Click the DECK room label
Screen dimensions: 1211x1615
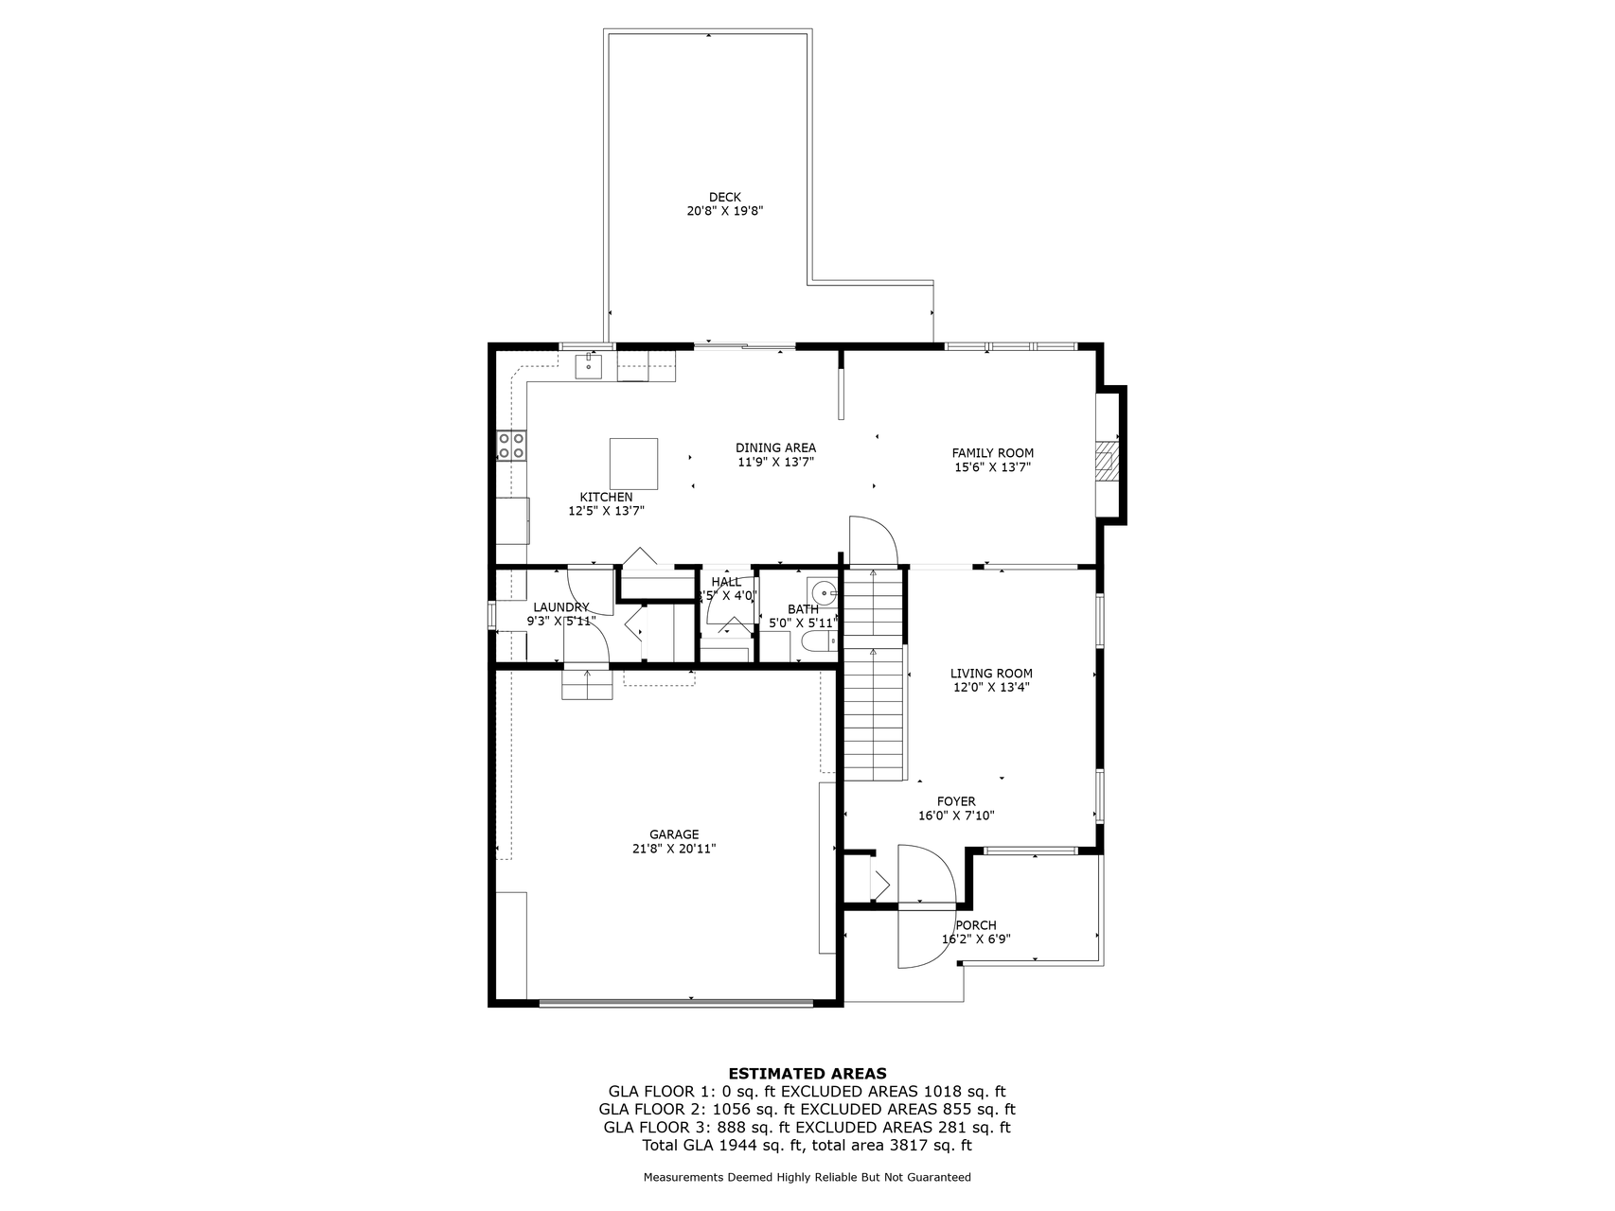[x=724, y=198]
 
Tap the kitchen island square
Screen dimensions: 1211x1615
[x=633, y=463]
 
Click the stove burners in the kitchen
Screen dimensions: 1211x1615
[x=512, y=446]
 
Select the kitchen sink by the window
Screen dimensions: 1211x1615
[x=589, y=365]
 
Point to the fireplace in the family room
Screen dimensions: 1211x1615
[x=1106, y=463]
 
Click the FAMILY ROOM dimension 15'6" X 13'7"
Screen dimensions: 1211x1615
[x=991, y=466]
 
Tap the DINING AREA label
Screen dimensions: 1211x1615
[x=775, y=448]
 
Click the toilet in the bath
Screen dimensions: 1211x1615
[x=817, y=643]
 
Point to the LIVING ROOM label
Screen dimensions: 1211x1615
[x=991, y=674]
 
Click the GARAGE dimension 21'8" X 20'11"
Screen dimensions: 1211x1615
[x=674, y=849]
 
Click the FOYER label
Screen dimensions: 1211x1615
[x=956, y=801]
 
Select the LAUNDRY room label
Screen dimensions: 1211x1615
[x=560, y=607]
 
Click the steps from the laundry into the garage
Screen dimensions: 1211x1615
[x=587, y=684]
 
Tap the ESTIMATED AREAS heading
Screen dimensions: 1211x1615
[x=807, y=1073]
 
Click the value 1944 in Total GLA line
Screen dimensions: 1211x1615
[x=737, y=1145]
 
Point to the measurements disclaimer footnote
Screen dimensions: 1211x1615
[x=807, y=1178]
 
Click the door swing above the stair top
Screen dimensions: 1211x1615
[x=872, y=540]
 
